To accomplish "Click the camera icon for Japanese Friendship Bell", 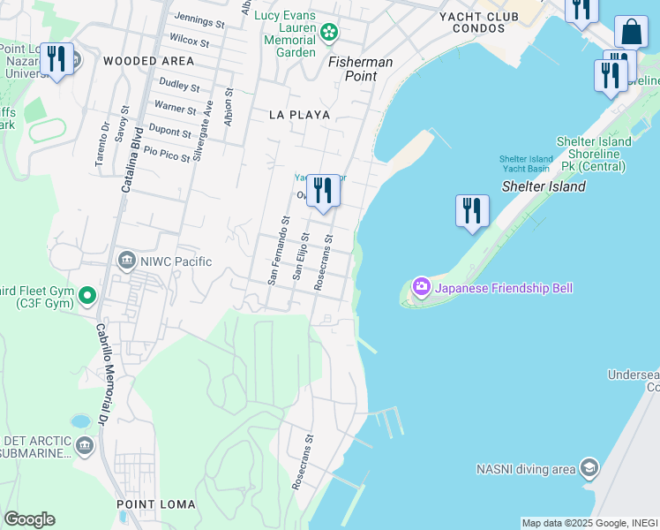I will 421,287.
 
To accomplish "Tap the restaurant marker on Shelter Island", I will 472,211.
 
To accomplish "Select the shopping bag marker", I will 631,33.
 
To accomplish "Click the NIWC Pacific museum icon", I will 127,261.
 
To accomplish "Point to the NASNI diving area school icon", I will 589,468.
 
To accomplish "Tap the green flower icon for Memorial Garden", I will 329,34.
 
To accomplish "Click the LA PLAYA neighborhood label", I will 299,115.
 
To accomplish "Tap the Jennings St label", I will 199,19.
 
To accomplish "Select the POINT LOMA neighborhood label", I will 150,503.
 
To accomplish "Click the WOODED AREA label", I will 148,61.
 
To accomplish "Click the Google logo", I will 29,519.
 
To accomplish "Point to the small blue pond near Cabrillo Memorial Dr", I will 81,420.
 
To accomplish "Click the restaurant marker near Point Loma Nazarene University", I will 57,60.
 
